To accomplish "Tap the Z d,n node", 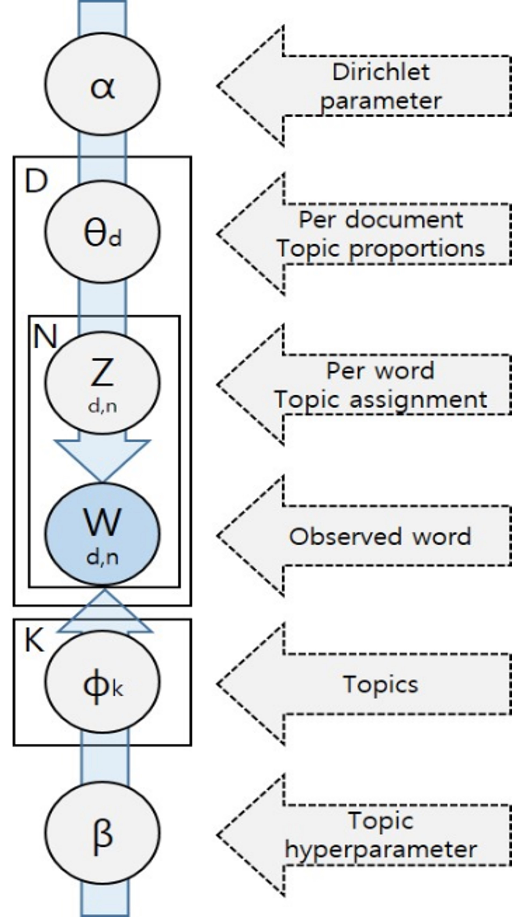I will (x=102, y=382).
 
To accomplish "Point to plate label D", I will (x=36, y=181).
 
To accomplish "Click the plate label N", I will (x=45, y=337).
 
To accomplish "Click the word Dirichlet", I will (x=381, y=72).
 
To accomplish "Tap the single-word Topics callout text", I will (x=381, y=685).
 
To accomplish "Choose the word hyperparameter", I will (x=381, y=850).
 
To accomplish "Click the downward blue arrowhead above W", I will (x=102, y=459).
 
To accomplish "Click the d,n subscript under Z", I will (x=102, y=407).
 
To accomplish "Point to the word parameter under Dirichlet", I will (x=381, y=101).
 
